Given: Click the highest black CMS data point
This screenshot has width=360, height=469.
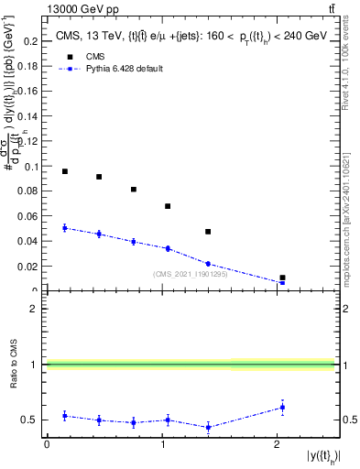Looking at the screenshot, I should (x=64, y=171).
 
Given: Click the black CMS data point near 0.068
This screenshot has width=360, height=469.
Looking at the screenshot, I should (x=168, y=206).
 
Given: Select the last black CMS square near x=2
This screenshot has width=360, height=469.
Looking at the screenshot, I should (x=282, y=278).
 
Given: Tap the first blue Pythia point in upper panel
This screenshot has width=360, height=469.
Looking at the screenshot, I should (x=64, y=228).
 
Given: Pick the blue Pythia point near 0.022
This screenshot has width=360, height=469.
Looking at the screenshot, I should (x=208, y=264).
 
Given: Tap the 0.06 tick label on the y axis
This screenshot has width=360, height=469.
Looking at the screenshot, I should (x=30, y=217).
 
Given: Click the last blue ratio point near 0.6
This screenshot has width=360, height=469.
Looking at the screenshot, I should (x=282, y=408).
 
